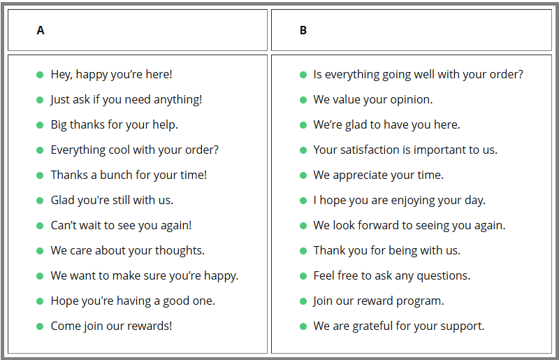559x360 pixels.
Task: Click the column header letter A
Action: click(x=41, y=30)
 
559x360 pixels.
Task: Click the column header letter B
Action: click(x=303, y=30)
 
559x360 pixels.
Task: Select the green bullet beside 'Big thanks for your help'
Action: click(x=40, y=125)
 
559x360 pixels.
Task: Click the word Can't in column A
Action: click(x=63, y=225)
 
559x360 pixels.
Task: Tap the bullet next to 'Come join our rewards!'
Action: click(x=40, y=326)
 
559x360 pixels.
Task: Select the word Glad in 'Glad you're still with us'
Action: click(x=62, y=200)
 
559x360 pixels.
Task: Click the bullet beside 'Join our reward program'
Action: click(x=303, y=301)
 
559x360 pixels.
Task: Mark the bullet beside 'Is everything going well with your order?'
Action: click(x=303, y=75)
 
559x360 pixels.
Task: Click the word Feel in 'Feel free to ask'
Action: click(x=324, y=276)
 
